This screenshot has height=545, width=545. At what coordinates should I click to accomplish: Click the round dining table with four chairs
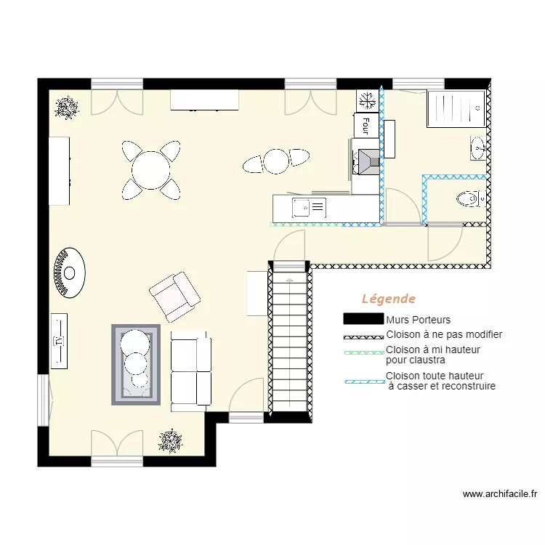[x=151, y=170]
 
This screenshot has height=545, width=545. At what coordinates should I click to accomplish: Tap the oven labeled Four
[x=366, y=125]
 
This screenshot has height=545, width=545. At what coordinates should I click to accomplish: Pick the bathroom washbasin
[x=477, y=148]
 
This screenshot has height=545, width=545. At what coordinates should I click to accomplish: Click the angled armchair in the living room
[x=174, y=296]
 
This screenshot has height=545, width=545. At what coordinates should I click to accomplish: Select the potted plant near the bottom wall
[x=171, y=440]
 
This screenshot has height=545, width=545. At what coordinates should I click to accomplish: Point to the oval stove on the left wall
[x=69, y=273]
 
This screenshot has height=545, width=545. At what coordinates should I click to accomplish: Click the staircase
[x=289, y=342]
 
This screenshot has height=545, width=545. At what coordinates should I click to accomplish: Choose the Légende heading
[x=389, y=299]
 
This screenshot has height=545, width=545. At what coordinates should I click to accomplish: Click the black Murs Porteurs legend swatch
[x=363, y=319]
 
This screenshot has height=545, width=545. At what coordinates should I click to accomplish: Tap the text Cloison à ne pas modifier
[x=444, y=335]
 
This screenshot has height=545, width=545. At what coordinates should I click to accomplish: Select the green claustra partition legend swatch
[x=363, y=352]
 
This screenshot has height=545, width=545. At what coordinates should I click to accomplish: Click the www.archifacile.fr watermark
[x=499, y=494]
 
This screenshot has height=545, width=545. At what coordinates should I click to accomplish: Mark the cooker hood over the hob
[x=366, y=161]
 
